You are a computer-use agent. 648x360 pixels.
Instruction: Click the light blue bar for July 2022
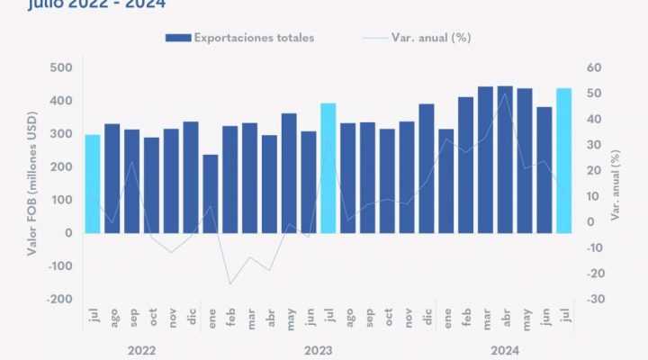pos(93,184)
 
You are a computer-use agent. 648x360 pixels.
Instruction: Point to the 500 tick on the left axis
pos(61,67)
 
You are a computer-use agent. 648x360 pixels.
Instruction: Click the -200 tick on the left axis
pos(59,299)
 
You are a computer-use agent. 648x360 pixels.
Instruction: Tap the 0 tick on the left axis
pos(68,233)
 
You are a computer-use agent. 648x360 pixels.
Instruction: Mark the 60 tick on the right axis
pos(592,67)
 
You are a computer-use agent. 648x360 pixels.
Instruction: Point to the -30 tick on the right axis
pos(593,299)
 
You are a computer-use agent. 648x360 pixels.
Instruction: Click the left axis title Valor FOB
pos(32,184)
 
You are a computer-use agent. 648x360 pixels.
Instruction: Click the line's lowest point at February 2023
pos(229,284)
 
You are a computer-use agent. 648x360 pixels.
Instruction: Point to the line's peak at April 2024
pos(505,94)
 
